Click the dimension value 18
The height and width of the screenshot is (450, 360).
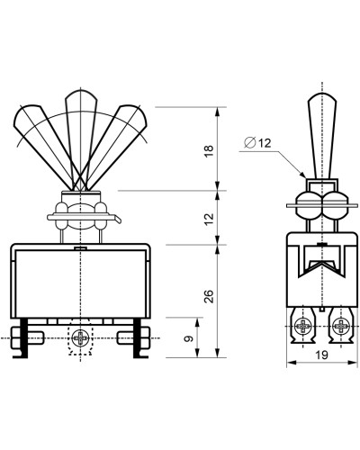point(209,150)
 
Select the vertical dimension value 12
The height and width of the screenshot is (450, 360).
point(209,219)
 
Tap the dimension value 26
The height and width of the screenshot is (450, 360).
point(209,297)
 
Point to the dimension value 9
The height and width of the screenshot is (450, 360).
point(189,339)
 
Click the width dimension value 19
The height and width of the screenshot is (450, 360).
point(321,355)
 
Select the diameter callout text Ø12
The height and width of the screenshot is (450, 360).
point(257,143)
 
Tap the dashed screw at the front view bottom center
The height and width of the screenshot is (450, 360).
point(80,338)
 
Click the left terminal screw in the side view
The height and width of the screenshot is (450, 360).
point(302,326)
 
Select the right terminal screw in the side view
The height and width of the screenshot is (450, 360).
point(341,326)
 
